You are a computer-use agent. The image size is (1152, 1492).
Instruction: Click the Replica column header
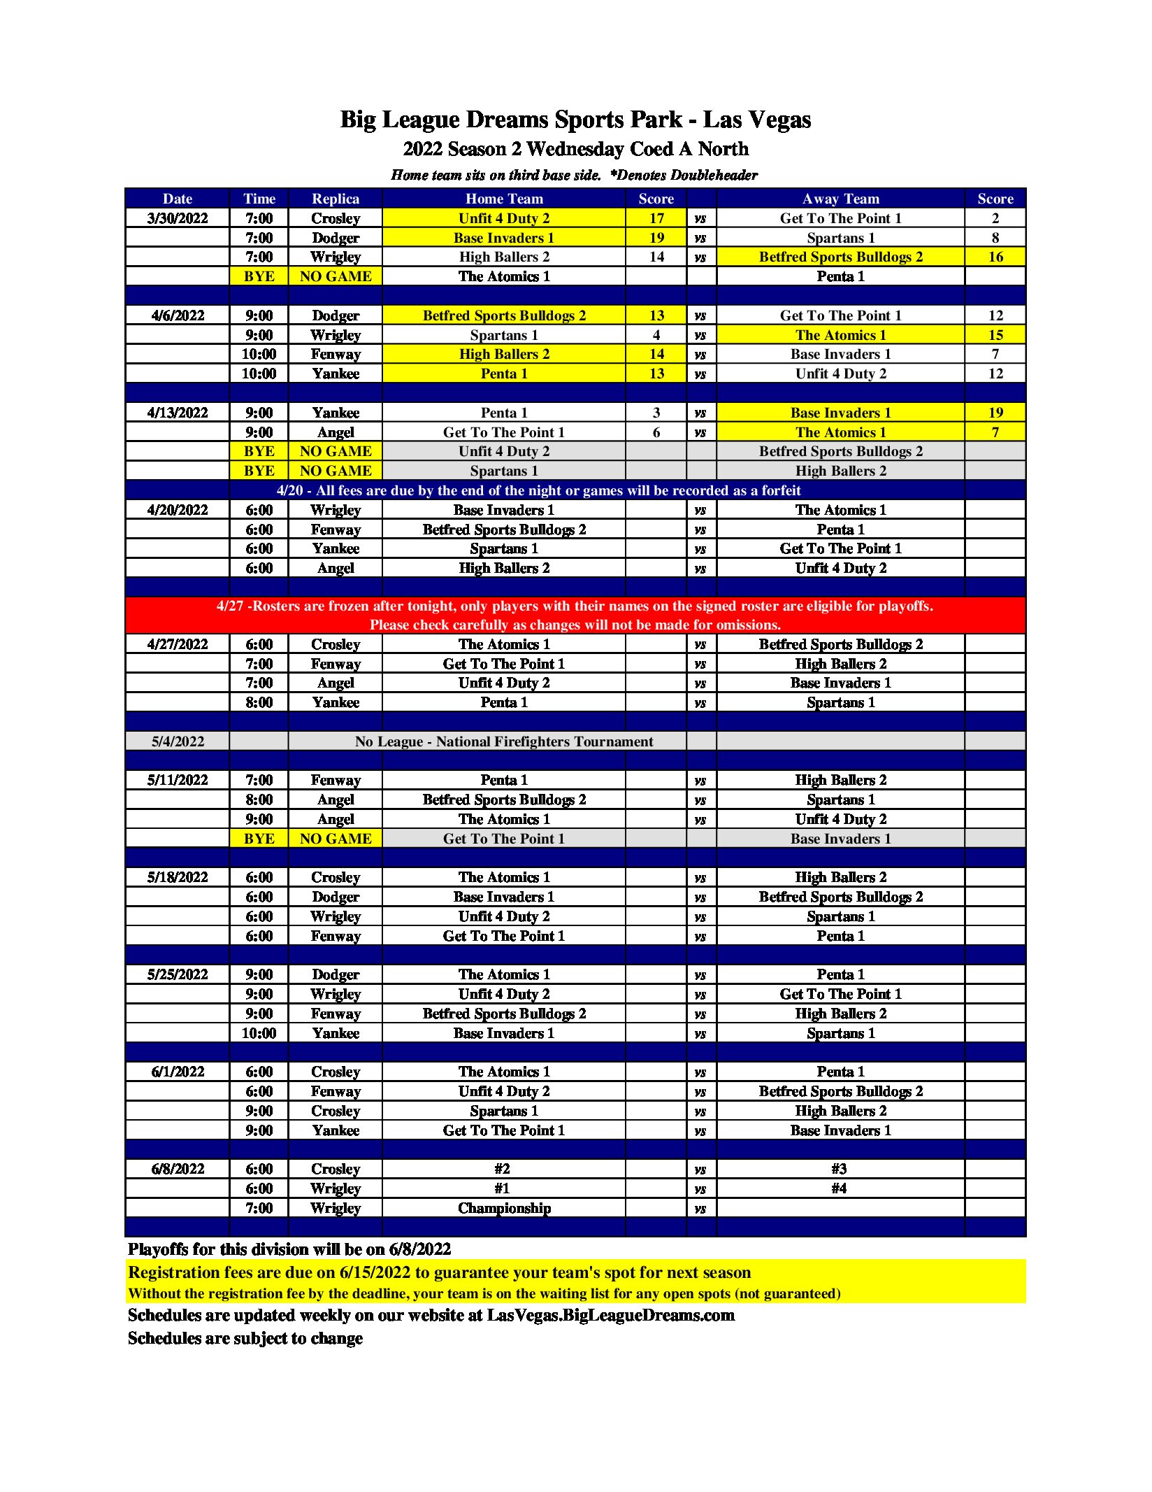(x=336, y=199)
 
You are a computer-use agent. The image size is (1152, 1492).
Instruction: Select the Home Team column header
(x=504, y=199)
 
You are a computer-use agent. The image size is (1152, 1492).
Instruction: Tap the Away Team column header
(x=840, y=199)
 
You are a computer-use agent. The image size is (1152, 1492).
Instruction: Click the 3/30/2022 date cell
(x=178, y=218)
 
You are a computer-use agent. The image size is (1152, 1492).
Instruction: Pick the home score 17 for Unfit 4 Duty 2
(x=656, y=218)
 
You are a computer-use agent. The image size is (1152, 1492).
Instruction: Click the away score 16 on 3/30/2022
(x=995, y=257)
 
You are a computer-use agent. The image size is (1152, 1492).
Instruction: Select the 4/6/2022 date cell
(x=178, y=315)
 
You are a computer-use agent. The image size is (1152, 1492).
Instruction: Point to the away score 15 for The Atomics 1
(x=995, y=335)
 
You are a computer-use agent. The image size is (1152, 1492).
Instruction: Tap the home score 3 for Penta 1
(x=656, y=413)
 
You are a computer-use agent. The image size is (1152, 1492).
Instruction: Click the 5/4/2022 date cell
(x=178, y=741)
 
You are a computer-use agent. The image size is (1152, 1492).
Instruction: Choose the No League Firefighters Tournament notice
(x=504, y=741)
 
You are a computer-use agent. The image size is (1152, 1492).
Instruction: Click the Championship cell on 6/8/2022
(x=504, y=1208)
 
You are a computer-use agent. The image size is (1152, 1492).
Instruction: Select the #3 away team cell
(x=839, y=1169)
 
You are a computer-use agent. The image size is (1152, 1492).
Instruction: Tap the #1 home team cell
(x=502, y=1188)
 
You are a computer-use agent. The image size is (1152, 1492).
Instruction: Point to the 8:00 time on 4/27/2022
(x=259, y=702)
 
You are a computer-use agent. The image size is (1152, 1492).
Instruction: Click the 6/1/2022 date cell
(x=178, y=1072)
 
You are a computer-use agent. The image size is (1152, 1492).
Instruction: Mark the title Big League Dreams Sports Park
(x=575, y=120)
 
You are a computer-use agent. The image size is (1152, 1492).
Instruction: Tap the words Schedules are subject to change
(x=245, y=1338)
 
